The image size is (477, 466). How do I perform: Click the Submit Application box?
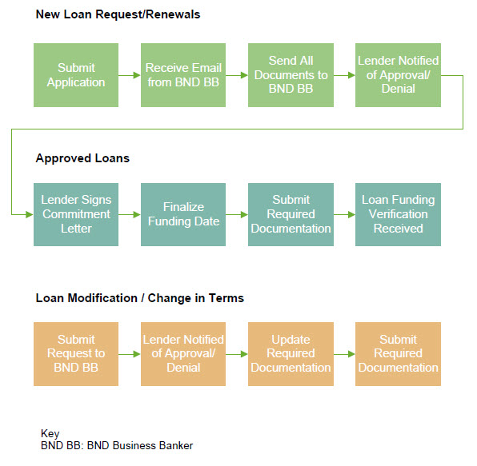(76, 75)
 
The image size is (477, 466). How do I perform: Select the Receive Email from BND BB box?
(183, 75)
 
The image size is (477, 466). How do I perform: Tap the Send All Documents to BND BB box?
(291, 75)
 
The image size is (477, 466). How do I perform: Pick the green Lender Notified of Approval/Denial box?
(399, 75)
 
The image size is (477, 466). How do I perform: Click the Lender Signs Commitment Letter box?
(76, 214)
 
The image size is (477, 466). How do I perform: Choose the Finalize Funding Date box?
(183, 214)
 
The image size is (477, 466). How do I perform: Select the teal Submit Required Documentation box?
(291, 214)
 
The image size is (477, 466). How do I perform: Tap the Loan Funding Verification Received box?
(399, 214)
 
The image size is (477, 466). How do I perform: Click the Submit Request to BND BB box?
(76, 354)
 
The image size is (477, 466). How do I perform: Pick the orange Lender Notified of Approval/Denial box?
(183, 354)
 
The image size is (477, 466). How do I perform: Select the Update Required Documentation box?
(291, 354)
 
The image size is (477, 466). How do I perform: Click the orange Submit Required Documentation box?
(399, 354)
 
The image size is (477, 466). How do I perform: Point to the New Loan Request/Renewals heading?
(118, 14)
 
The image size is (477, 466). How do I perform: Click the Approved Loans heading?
(82, 158)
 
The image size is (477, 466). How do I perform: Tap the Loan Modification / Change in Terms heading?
(140, 298)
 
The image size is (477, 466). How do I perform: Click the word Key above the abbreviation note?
(50, 433)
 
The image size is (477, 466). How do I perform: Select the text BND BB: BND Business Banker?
(117, 446)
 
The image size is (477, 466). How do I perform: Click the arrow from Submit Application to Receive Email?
(130, 75)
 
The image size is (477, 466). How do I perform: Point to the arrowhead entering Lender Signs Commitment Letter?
(30, 214)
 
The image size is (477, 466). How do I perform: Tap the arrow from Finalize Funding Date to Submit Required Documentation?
(237, 214)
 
